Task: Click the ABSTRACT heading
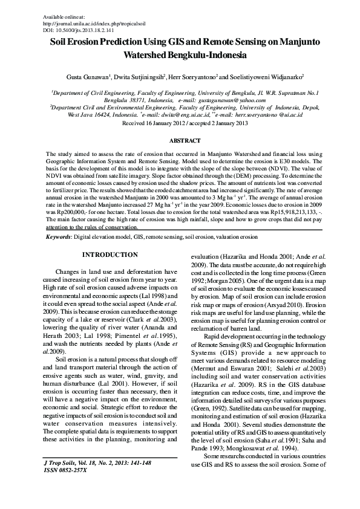[x=180, y=140]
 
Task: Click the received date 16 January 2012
[x=160, y=122]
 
